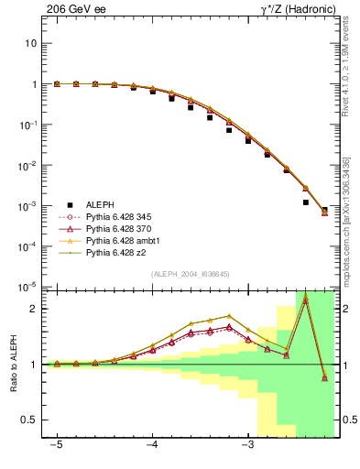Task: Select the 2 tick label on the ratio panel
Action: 33,309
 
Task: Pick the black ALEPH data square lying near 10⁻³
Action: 305,202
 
